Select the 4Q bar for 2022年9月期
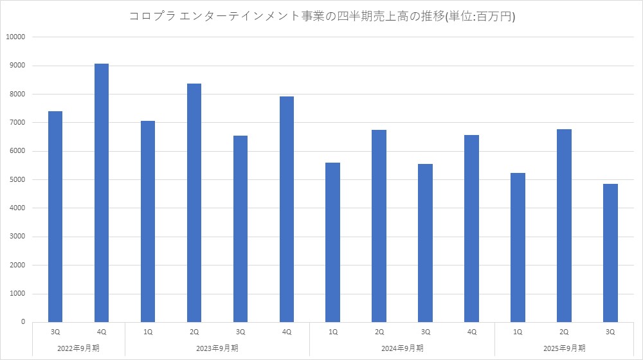pyautogui.click(x=102, y=193)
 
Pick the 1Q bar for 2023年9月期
pyautogui.click(x=148, y=221)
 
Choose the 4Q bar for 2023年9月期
pyautogui.click(x=287, y=209)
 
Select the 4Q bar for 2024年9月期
pyautogui.click(x=471, y=228)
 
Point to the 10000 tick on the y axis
pyautogui.click(x=15, y=37)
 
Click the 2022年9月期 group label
pyautogui.click(x=78, y=348)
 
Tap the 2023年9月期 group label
pyautogui.click(x=217, y=348)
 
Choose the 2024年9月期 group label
pyautogui.click(x=402, y=348)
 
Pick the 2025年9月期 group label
pyautogui.click(x=564, y=348)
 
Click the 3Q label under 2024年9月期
pyautogui.click(x=425, y=332)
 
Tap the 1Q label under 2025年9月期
pyautogui.click(x=518, y=332)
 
